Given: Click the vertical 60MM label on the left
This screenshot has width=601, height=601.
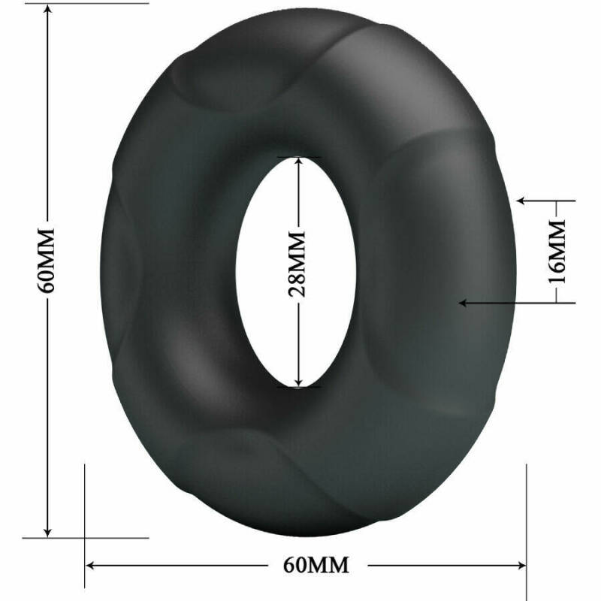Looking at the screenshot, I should tap(49, 259).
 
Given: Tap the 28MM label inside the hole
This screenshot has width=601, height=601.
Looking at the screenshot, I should tap(298, 265).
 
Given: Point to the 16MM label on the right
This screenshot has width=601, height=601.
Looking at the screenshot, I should tap(556, 251).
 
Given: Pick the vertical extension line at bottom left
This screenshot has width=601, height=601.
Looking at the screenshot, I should tap(85, 518).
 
